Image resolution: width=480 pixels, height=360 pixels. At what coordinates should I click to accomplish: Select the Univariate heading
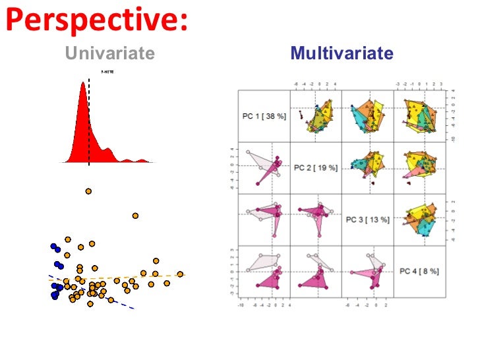pyautogui.click(x=109, y=53)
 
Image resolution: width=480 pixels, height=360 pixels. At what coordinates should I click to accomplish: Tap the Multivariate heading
pyautogui.click(x=342, y=53)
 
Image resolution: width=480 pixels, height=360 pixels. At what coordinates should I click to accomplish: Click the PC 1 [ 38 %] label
pyautogui.click(x=264, y=116)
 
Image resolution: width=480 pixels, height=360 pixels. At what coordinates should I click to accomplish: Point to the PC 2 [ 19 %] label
pyautogui.click(x=315, y=167)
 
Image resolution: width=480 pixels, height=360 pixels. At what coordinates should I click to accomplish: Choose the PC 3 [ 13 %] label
pyautogui.click(x=367, y=220)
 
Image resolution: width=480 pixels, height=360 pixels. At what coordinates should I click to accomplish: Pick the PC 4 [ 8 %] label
pyautogui.click(x=419, y=271)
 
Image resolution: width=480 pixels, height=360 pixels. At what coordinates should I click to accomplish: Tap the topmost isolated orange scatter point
pyautogui.click(x=88, y=191)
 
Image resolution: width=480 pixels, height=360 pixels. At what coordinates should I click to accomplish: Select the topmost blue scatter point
pyautogui.click(x=54, y=247)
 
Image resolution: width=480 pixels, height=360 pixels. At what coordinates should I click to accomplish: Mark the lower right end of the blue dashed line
pyautogui.click(x=133, y=308)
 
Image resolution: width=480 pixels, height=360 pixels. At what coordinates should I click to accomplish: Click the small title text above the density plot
pyautogui.click(x=107, y=71)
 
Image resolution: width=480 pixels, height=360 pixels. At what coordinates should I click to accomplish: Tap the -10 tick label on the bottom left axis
pyautogui.click(x=241, y=305)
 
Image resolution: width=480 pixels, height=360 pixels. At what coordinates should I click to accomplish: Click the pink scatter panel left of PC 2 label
pyautogui.click(x=264, y=168)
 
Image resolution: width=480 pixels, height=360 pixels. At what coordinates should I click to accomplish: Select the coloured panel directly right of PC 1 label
pyautogui.click(x=315, y=116)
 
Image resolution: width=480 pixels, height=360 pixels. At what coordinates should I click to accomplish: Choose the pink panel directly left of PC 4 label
pyautogui.click(x=367, y=271)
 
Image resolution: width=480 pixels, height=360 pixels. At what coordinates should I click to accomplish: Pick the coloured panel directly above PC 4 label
pyautogui.click(x=419, y=220)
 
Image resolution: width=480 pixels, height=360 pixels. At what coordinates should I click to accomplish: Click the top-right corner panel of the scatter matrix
pyautogui.click(x=419, y=116)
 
